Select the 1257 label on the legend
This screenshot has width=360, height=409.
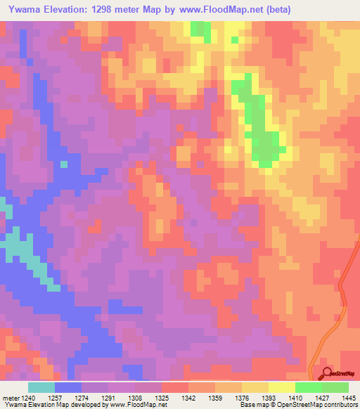click(56, 397)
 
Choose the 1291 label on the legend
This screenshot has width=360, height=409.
click(109, 397)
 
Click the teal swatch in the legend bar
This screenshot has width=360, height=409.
click(41, 387)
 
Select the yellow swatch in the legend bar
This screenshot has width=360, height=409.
click(281, 387)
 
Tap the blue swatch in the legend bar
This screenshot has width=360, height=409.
click(68, 387)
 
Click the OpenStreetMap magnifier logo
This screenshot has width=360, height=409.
click(326, 374)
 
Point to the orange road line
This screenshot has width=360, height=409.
click(343, 295)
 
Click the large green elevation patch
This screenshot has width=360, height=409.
click(260, 134)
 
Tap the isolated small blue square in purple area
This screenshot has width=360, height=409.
click(64, 164)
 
